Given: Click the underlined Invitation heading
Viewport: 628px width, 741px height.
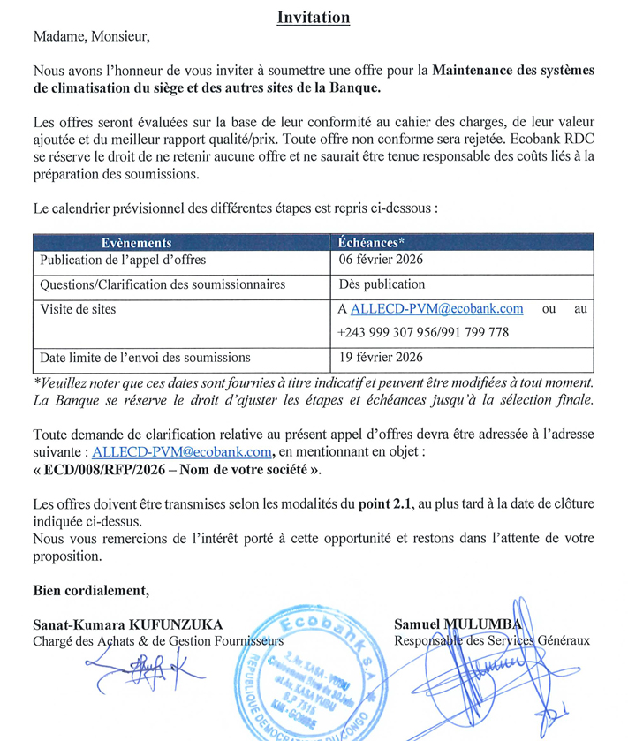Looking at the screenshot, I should click(x=314, y=17).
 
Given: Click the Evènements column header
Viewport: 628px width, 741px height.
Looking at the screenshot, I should click(x=136, y=243).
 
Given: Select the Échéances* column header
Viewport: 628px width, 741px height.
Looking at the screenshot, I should click(x=372, y=243).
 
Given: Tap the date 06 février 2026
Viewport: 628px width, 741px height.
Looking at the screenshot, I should click(x=381, y=260).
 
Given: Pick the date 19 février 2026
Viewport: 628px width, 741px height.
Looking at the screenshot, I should click(x=381, y=358).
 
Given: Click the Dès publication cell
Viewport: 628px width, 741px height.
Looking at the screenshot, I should click(x=382, y=284).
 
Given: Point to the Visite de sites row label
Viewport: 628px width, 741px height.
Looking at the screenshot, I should click(x=78, y=309).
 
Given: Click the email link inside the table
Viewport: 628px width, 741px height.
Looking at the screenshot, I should click(x=437, y=309).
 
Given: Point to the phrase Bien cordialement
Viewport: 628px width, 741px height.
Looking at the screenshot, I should click(x=90, y=590).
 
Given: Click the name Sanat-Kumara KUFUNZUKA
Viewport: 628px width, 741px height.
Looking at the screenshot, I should click(x=127, y=624).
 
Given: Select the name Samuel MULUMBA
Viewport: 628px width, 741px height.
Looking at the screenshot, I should click(x=458, y=624).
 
